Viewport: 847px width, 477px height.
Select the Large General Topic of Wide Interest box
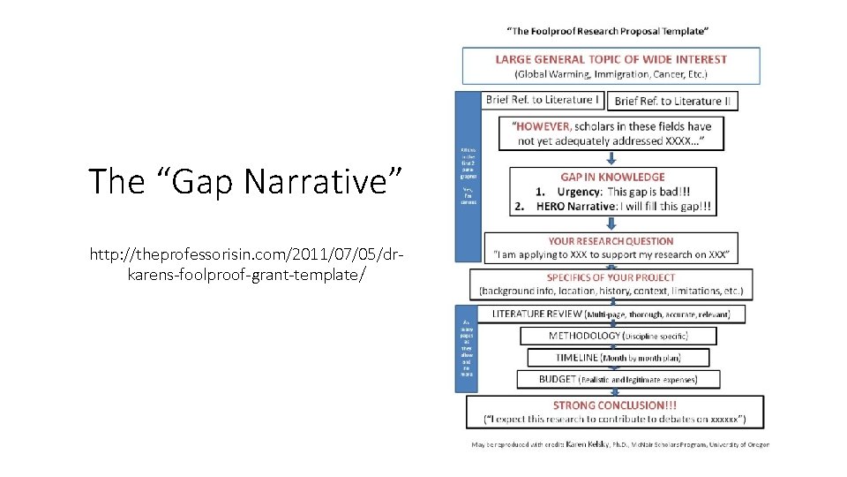(x=611, y=65)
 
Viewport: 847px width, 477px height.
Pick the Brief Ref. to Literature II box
(x=673, y=101)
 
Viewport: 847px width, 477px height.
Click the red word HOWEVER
(x=544, y=126)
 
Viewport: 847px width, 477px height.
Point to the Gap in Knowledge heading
(x=612, y=177)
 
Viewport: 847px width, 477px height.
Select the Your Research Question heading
(x=611, y=241)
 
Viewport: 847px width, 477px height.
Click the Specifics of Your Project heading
(x=611, y=277)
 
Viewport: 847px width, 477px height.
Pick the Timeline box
(x=617, y=358)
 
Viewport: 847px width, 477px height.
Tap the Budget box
(x=617, y=380)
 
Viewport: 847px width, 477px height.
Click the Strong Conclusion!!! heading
(x=614, y=405)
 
